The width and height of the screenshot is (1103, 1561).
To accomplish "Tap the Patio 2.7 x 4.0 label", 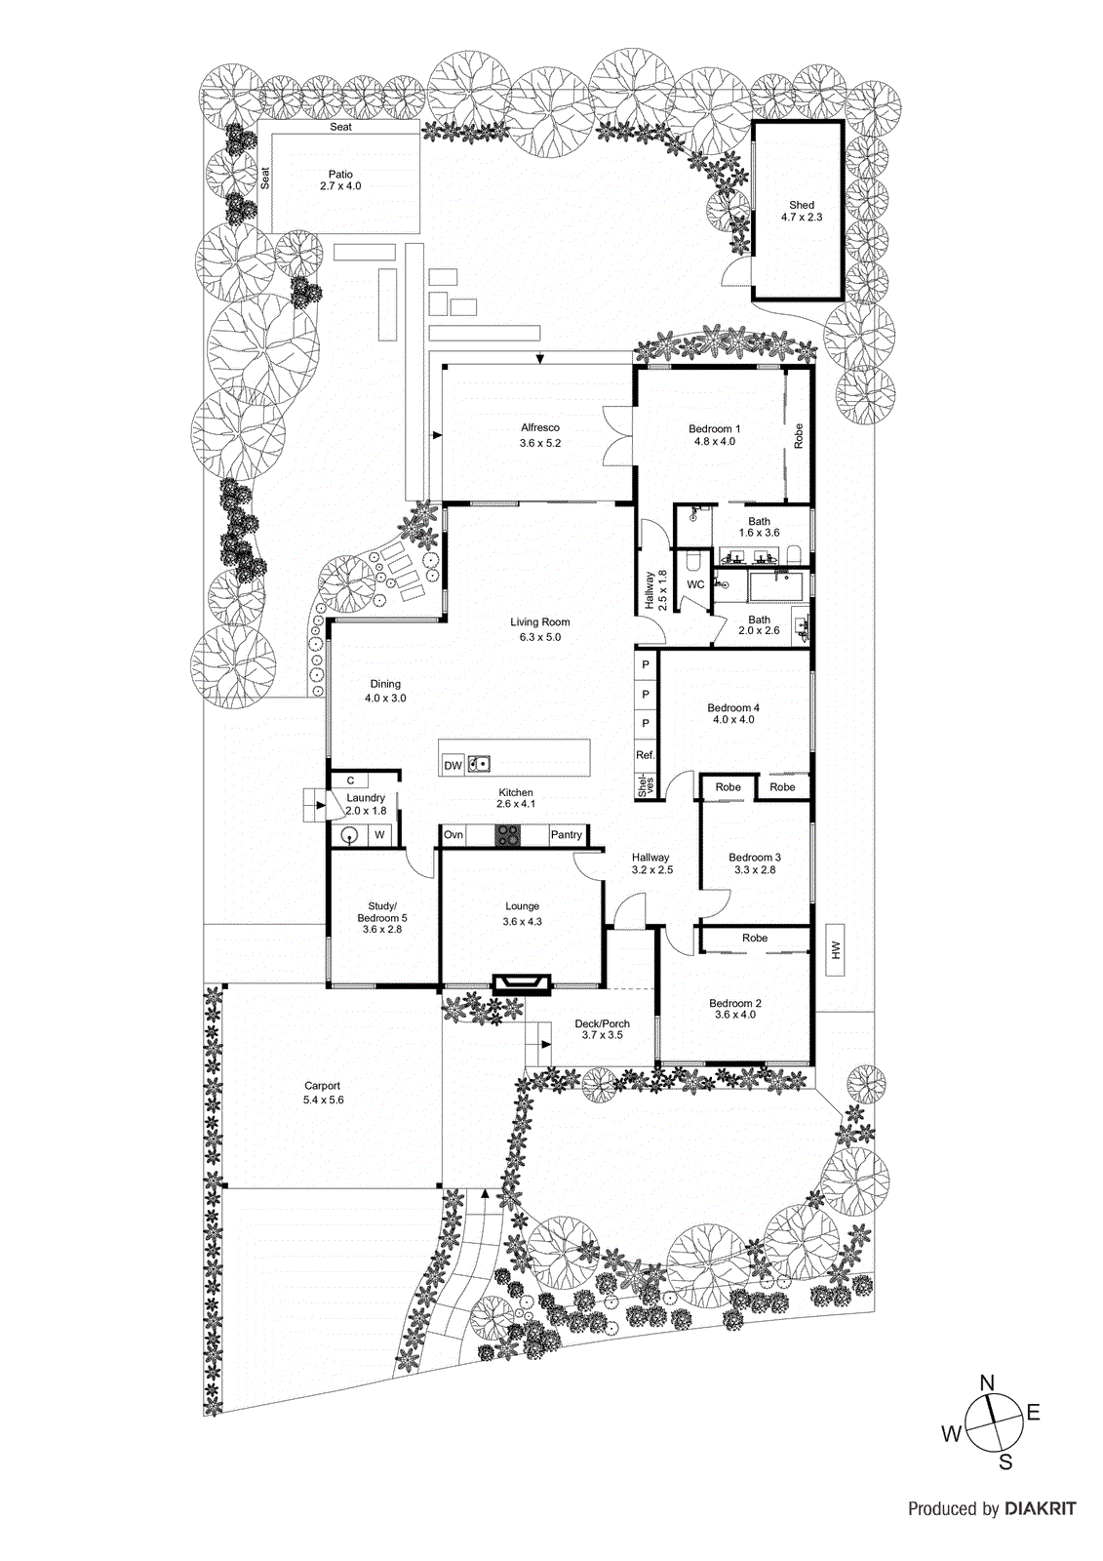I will point(340,180).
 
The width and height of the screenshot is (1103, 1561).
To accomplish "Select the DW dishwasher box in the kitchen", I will point(453,766).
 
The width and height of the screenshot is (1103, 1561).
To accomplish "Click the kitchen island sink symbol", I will point(478,764).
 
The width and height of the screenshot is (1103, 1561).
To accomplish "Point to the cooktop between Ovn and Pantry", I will point(507,835).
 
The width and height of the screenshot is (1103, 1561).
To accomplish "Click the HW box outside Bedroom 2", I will point(836,949).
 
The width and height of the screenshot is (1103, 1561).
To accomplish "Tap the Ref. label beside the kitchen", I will point(645,755).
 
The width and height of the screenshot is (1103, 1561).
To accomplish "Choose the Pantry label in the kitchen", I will point(567,835).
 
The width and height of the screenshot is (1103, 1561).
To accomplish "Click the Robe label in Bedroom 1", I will point(799,435).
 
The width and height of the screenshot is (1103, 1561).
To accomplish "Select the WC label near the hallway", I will point(695,585).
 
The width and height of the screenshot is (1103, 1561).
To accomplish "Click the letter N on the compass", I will point(987,1382).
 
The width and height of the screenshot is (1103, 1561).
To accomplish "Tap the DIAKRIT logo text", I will point(1040,1508).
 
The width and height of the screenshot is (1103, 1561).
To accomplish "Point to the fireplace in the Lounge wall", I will point(521,982).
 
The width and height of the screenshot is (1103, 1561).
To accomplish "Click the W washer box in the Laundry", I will point(380,835).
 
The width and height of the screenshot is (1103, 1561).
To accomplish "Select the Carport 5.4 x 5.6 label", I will point(323,1093).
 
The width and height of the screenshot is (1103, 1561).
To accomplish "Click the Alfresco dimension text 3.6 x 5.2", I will point(540,443).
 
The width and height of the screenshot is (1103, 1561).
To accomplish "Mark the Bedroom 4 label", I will point(733,708).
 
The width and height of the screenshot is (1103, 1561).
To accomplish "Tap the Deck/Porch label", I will point(602,1024).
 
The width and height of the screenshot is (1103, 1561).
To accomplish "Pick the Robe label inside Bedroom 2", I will point(755,939).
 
